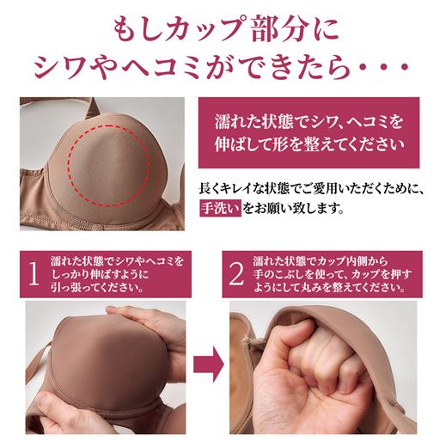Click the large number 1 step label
point(33,273)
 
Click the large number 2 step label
point(236,273)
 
